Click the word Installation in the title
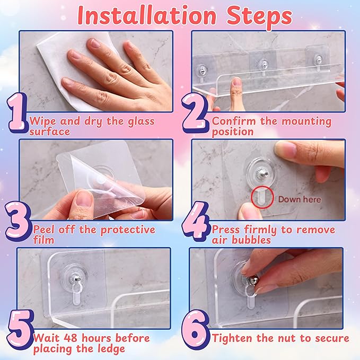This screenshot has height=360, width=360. [147, 15]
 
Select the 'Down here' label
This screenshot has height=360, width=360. [300, 199]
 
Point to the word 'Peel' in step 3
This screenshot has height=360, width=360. [44, 230]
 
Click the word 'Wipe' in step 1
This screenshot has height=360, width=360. [43, 121]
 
